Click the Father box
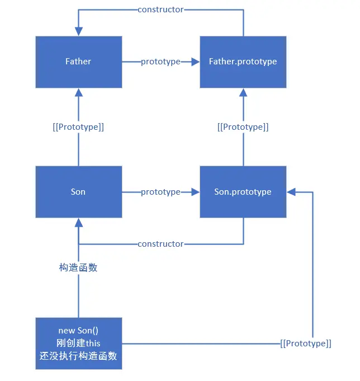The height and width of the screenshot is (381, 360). coord(78,62)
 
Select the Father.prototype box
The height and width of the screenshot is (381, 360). coord(243,62)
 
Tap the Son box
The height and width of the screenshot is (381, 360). coord(78,192)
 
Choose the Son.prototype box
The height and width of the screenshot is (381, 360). coord(243,192)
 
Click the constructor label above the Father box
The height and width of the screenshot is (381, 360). coord(160,10)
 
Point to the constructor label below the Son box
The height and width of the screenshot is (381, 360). coord(160,244)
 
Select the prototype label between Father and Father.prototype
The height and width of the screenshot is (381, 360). coord(160,62)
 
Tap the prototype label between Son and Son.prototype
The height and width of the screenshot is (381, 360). coord(160,192)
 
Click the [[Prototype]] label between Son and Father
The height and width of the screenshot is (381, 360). coord(78,127)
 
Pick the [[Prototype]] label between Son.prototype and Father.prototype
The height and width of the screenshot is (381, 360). coord(243,127)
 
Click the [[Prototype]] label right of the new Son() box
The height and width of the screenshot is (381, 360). coord(305,344)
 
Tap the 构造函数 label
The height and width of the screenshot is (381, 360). coord(78,267)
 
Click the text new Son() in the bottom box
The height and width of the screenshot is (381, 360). coord(78,330)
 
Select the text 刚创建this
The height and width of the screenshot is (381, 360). coord(78,343)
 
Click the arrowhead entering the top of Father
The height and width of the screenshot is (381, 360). coord(78,32)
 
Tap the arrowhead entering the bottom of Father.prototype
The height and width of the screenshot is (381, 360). coord(243,92)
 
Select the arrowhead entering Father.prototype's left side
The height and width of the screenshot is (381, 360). coord(196,62)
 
